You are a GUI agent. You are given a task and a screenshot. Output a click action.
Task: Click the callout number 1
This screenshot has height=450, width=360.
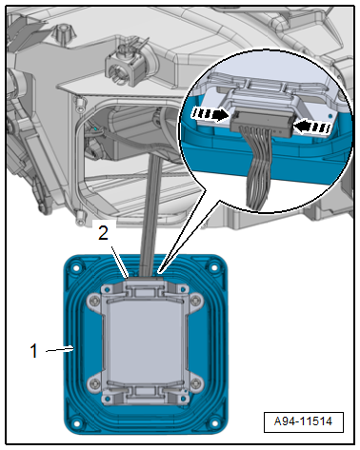click(34, 351)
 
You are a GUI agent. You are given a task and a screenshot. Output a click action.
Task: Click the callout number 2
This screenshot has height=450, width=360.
click(104, 233)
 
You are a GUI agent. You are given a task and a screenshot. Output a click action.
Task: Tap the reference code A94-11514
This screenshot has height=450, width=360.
click(303, 421)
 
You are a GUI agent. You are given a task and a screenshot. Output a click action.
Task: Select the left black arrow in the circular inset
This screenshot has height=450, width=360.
click(210, 115)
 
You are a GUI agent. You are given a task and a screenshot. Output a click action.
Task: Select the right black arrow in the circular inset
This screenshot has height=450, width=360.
click(312, 127)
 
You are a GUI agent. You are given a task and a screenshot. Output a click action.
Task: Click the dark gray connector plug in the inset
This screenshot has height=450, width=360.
click(262, 121)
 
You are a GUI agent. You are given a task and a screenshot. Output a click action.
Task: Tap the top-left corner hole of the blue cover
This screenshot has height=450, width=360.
click(76, 268)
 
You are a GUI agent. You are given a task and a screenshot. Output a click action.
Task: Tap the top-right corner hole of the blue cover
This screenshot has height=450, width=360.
click(215, 267)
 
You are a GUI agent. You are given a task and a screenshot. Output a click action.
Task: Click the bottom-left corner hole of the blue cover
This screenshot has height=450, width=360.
click(76, 423)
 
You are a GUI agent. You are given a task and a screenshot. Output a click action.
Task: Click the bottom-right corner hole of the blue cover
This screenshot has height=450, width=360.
click(215, 423)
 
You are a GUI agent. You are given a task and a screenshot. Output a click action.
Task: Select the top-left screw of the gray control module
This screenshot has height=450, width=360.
click(93, 300)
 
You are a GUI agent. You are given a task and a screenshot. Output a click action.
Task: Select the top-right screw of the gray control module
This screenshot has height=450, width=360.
click(196, 300)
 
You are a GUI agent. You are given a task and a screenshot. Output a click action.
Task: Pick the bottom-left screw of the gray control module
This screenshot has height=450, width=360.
click(93, 384)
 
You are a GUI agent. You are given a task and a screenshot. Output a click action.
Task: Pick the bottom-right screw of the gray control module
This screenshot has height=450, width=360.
click(196, 384)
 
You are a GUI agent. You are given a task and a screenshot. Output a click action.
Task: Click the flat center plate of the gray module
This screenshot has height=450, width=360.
click(145, 342)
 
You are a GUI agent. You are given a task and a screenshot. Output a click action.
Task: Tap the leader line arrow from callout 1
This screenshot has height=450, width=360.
click(60, 350)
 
